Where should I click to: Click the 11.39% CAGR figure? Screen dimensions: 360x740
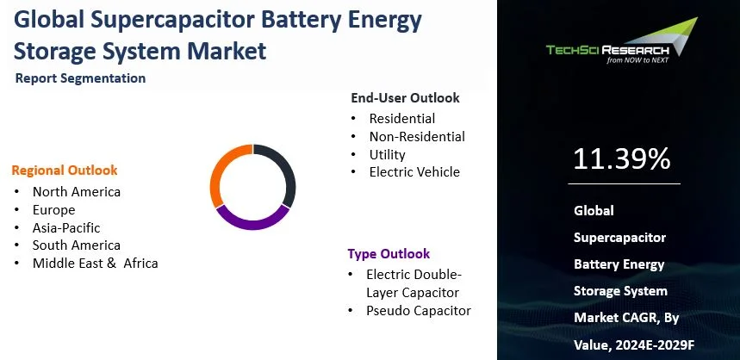point(621,159)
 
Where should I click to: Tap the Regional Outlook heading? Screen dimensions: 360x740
point(65,171)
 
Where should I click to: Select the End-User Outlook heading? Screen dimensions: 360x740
point(405,98)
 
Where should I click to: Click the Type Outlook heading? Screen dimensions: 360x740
point(389,254)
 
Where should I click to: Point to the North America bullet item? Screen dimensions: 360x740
point(77,191)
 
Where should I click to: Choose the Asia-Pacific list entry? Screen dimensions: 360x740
point(66,227)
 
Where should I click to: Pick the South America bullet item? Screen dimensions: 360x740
point(77,245)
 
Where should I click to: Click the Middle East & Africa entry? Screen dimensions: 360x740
point(95,264)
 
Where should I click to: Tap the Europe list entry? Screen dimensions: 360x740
point(53,209)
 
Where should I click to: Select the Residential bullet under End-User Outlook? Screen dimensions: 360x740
point(401,119)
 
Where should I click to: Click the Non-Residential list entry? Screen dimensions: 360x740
point(417,136)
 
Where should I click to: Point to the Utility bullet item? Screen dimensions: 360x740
point(387,154)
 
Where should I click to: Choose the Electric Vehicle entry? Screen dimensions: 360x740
point(414,172)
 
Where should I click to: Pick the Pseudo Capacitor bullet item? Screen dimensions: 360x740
point(419,310)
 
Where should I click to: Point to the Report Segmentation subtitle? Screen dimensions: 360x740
point(80,78)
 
